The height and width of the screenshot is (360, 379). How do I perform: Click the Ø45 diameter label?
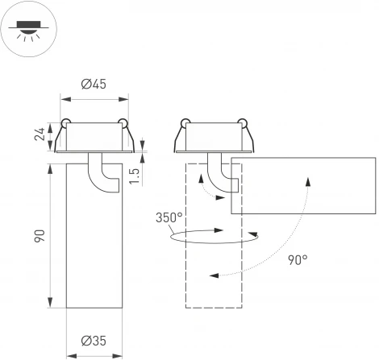pyautogui.click(x=94, y=85)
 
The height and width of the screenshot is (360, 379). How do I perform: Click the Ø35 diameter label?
pyautogui.click(x=94, y=341)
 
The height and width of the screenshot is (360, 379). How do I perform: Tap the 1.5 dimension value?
pyautogui.click(x=136, y=175)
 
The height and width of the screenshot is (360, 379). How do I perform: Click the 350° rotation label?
pyautogui.click(x=170, y=217)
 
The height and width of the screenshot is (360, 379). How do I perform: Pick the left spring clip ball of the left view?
pyautogui.click(x=65, y=124)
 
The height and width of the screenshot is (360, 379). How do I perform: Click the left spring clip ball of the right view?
pyautogui.click(x=185, y=124)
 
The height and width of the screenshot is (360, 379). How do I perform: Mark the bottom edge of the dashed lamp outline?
pyautogui.click(x=214, y=308)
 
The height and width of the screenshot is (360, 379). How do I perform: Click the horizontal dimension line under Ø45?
pyautogui.click(x=94, y=100)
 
